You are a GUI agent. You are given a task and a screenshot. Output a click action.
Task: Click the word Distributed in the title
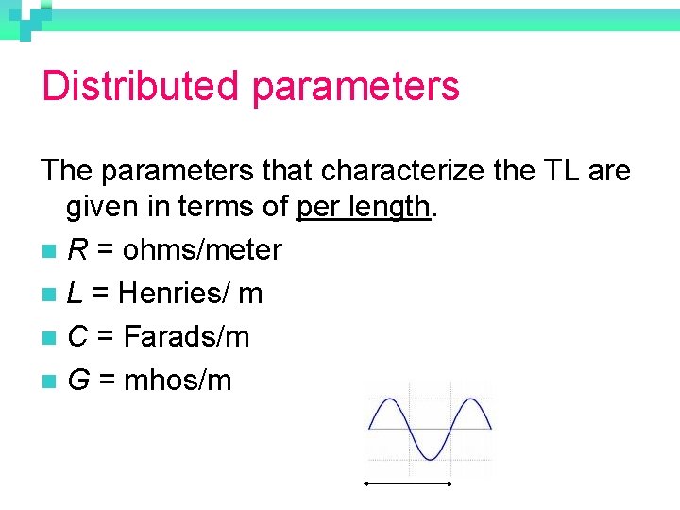tap(140, 86)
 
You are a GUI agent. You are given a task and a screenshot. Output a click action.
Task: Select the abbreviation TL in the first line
tap(553, 171)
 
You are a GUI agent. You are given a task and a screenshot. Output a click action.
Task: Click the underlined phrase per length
tap(365, 206)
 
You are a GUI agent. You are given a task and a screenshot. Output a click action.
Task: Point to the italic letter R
tap(77, 250)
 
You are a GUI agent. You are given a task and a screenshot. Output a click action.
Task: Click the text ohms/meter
tap(202, 250)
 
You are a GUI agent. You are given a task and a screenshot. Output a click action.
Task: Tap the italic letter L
tap(76, 294)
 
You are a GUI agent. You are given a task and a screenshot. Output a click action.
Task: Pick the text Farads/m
tap(187, 337)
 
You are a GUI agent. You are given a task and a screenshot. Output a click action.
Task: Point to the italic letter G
tap(79, 381)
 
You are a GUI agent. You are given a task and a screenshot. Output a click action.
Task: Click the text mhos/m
tap(178, 381)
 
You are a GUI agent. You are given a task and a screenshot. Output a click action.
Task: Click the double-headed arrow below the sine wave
tap(409, 484)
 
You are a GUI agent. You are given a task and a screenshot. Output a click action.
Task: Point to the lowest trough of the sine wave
tap(430, 458)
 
